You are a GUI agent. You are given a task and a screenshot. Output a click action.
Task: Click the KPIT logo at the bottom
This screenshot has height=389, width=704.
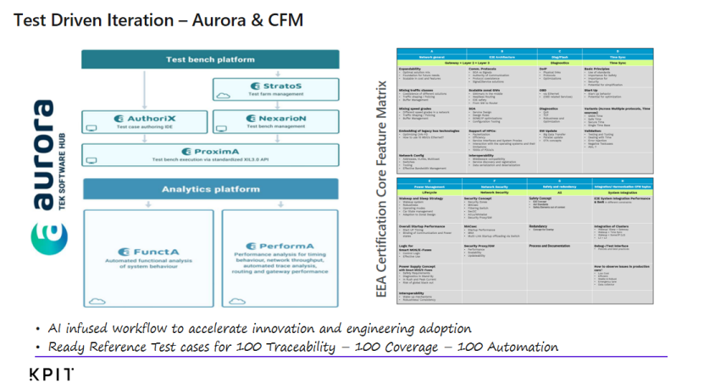[51, 375]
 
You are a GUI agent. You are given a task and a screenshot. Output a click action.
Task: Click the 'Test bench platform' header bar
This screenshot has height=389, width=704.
[210, 59]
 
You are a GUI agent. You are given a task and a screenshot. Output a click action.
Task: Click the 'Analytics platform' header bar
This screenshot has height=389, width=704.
[209, 189]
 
